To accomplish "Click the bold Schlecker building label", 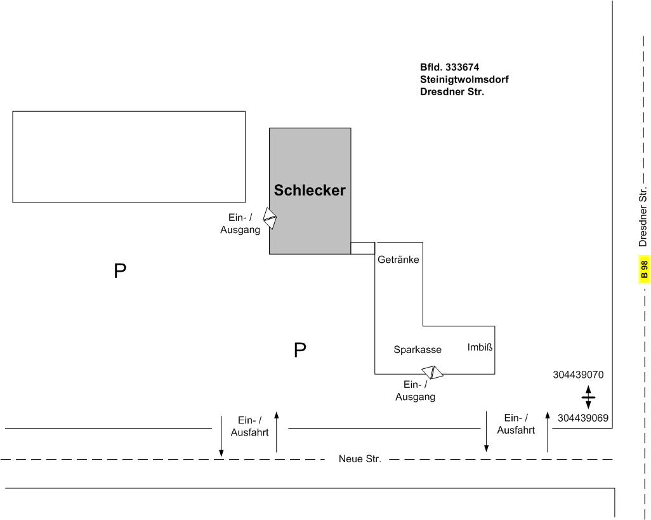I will (310, 190).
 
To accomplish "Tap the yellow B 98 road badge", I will (644, 270).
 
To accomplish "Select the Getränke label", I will (398, 260).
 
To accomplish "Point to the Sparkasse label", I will (417, 350).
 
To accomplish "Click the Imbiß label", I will (480, 347).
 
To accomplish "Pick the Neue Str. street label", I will (360, 459).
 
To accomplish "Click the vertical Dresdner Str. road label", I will (643, 217).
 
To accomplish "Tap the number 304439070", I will (578, 375).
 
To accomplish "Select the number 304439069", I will (583, 418).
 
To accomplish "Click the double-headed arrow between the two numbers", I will (588, 397).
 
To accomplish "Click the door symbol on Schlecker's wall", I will (270, 218).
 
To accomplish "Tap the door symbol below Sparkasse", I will (433, 372).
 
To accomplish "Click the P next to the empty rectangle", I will (120, 272).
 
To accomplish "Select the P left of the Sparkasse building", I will (300, 350).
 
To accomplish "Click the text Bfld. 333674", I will (449, 67).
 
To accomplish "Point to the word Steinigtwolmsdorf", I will (464, 79).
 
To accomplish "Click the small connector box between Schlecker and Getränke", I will (363, 248).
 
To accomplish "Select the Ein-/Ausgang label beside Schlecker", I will (240, 224).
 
